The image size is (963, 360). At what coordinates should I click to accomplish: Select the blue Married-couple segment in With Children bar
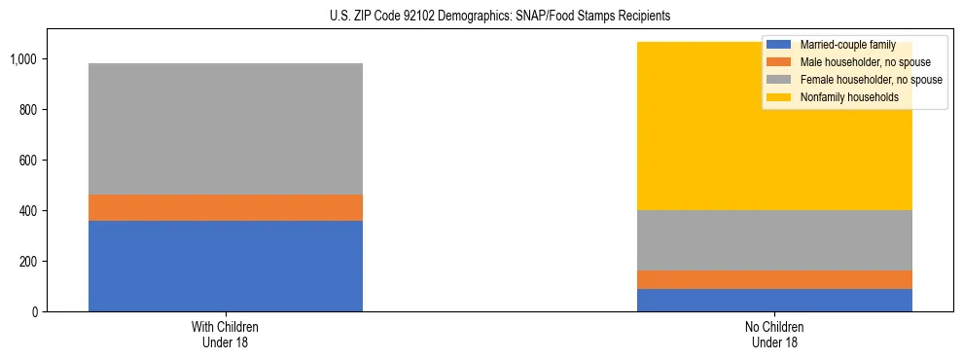point(226,266)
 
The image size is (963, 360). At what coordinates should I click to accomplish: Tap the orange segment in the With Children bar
point(226,207)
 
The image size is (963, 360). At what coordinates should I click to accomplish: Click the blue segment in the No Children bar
point(774,300)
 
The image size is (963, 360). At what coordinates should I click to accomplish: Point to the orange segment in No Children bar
point(774,279)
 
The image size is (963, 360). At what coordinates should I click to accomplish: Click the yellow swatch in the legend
point(779,97)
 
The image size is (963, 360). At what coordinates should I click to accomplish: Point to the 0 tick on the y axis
point(34,312)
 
